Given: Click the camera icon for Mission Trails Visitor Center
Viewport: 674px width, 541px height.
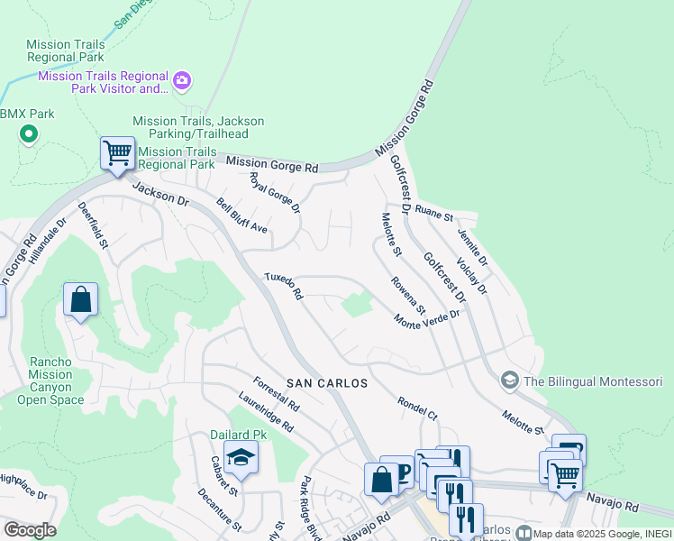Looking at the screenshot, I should coord(182,82).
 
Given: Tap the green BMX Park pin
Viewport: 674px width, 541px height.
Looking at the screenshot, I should coord(28,135).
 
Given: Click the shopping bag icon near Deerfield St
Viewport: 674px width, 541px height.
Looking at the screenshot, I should coord(80,299).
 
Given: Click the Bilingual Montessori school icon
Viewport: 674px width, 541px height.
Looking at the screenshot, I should coord(509,381).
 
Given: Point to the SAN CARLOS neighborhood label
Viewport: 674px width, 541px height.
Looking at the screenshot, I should coord(327,383).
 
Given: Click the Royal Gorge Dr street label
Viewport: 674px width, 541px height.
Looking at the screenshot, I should coord(274,193).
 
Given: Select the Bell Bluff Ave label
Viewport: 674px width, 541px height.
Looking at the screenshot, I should coord(241,215).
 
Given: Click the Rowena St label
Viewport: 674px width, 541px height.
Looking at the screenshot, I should coord(407,296).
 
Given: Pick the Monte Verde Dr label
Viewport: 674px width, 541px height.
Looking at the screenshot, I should coord(427,319).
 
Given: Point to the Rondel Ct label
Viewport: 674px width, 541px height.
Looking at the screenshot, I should coord(416,409).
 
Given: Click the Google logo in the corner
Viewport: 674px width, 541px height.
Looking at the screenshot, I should coord(30,530).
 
